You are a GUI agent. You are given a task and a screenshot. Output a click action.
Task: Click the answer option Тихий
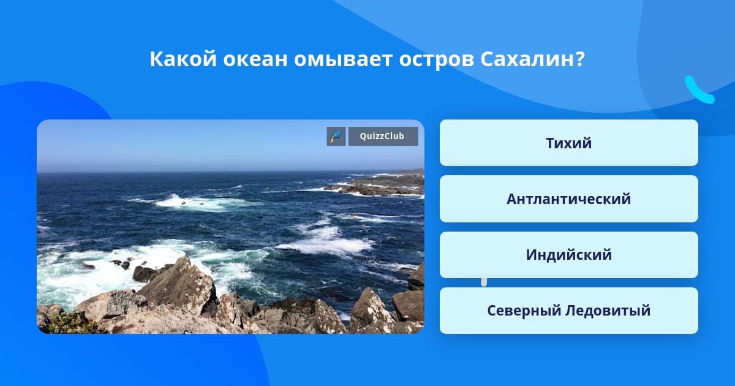(x=568, y=143)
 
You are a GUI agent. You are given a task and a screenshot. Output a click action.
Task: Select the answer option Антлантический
(x=568, y=199)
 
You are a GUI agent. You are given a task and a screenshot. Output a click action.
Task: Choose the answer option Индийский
(x=568, y=255)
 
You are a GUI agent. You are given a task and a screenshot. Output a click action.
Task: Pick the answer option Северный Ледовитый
(x=568, y=311)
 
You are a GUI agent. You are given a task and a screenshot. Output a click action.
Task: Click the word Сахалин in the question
(x=527, y=59)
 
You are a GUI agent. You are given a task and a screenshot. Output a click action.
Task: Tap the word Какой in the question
(x=183, y=59)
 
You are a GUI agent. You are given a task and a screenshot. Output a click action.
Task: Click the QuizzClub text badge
(x=383, y=136)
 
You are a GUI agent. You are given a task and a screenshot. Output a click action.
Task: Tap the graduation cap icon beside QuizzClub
(x=336, y=136)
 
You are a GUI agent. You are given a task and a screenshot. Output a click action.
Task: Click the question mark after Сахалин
(x=580, y=59)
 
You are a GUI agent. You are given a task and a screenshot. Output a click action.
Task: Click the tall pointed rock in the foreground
(x=179, y=285)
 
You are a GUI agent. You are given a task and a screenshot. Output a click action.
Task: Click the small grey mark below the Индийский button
(x=484, y=282)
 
